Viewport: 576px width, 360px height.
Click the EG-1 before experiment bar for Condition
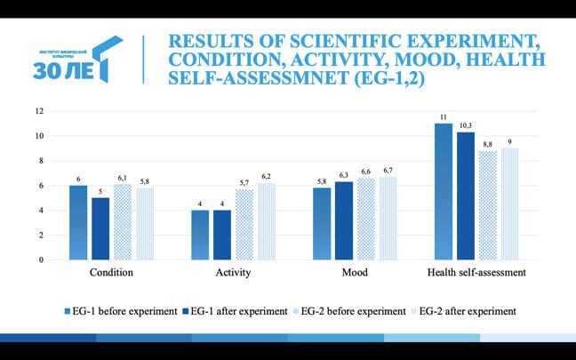coord(78,222)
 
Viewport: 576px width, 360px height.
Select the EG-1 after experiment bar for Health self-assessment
coord(465,196)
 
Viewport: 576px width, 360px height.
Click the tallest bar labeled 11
coord(443,191)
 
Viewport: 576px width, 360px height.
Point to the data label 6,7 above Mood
coord(387,170)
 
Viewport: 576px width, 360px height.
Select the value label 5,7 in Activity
coord(244,182)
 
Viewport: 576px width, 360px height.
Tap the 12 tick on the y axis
coord(38,111)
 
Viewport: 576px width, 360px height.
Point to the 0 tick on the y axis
coord(41,260)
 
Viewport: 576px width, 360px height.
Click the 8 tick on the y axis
coord(41,161)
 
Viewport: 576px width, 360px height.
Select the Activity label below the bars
coord(234,273)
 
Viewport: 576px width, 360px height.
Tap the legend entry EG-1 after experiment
coord(236,311)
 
